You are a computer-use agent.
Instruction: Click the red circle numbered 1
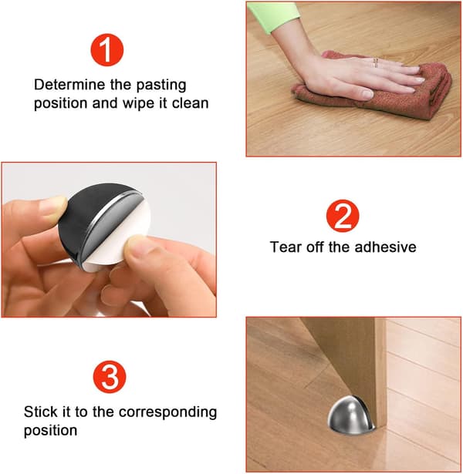coord(106,50)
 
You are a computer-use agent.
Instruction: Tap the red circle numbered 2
coord(343,216)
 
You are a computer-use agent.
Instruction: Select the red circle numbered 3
coord(110,377)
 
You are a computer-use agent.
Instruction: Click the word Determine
coord(69,85)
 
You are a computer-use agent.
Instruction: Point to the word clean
coord(191,103)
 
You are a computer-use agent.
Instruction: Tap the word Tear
coord(286,247)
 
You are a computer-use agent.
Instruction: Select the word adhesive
coord(385,247)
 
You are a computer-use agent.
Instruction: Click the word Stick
coord(40,412)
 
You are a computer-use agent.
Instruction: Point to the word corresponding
coord(167,413)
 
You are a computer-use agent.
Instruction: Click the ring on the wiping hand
coord(376,62)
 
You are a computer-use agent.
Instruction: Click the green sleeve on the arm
coord(273,15)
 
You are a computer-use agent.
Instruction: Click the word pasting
coord(161,86)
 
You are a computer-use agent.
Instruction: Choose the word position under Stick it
coord(50,431)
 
